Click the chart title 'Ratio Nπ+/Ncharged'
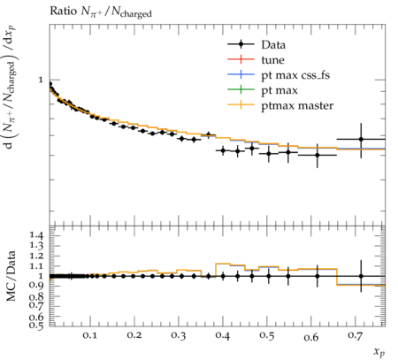(x=101, y=11)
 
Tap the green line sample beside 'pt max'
(x=241, y=89)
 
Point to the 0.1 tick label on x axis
(x=89, y=336)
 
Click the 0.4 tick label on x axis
(x=222, y=336)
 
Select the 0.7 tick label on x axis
(x=355, y=336)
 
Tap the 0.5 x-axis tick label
(x=266, y=336)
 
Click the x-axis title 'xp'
(x=379, y=352)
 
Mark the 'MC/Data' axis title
(x=11, y=276)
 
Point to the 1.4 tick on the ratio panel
(x=36, y=235)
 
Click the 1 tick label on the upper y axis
(x=41, y=80)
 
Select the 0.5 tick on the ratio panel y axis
(x=36, y=326)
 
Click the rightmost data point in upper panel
(x=361, y=139)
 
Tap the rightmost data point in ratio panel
(x=361, y=276)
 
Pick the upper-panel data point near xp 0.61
(x=318, y=155)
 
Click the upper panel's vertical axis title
(x=11, y=88)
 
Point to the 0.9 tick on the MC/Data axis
(x=36, y=286)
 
